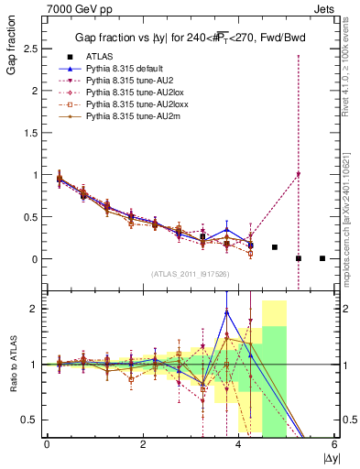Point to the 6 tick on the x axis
[x=334, y=444]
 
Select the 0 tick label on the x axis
[x=47, y=444]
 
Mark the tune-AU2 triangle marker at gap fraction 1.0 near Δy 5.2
[x=299, y=175]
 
